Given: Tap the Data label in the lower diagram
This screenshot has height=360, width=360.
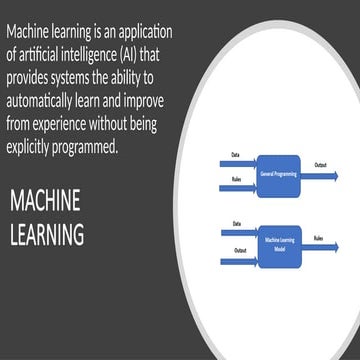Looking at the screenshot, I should pos(236,223).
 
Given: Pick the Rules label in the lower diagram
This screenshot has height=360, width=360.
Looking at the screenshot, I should pos(317,238).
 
